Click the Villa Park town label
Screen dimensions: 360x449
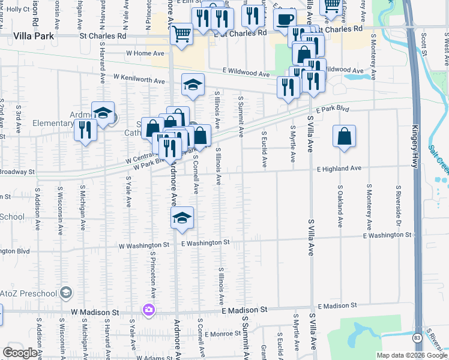[x=34, y=36]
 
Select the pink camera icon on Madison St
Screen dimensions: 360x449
[x=148, y=310]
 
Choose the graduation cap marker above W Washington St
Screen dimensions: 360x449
[x=182, y=219]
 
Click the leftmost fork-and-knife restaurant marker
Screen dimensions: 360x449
[x=85, y=130]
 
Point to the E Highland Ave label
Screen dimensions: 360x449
[x=339, y=169]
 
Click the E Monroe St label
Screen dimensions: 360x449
[x=223, y=334]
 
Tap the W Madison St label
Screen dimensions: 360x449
[x=95, y=312]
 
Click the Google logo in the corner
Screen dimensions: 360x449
[x=20, y=353]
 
